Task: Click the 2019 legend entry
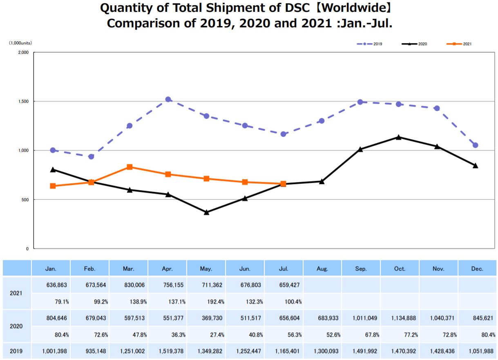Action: coord(369,44)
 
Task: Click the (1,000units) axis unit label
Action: coord(20,43)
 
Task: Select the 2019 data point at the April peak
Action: coord(168,99)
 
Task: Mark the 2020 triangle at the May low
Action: coord(206,212)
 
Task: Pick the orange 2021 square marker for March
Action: coord(130,167)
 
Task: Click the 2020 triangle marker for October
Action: coord(398,137)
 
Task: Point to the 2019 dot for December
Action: coord(475,145)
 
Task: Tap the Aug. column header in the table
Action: coord(322,269)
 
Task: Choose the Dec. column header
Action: coord(477,269)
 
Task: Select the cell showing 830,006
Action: coord(129,285)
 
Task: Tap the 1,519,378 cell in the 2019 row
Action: coord(167,351)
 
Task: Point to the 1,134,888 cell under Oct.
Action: coord(400,318)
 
